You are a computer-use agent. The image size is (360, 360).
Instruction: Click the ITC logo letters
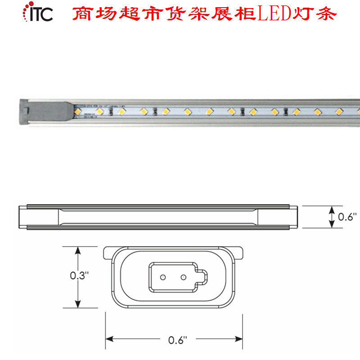click(x=41, y=13)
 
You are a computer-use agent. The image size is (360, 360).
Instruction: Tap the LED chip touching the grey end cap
click(x=77, y=110)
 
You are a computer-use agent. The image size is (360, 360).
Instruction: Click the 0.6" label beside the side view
click(x=347, y=217)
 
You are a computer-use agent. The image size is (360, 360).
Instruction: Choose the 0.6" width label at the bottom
click(x=175, y=340)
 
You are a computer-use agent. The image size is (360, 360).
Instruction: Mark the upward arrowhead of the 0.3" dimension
click(x=79, y=249)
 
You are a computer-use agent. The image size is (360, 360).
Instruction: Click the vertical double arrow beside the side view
click(x=332, y=217)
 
